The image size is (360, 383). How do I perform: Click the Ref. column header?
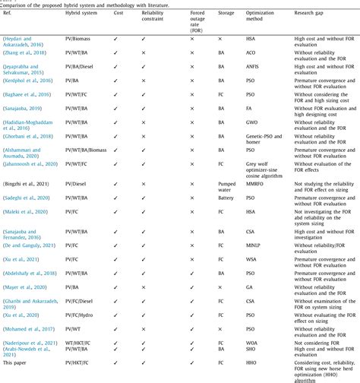click(10, 14)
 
